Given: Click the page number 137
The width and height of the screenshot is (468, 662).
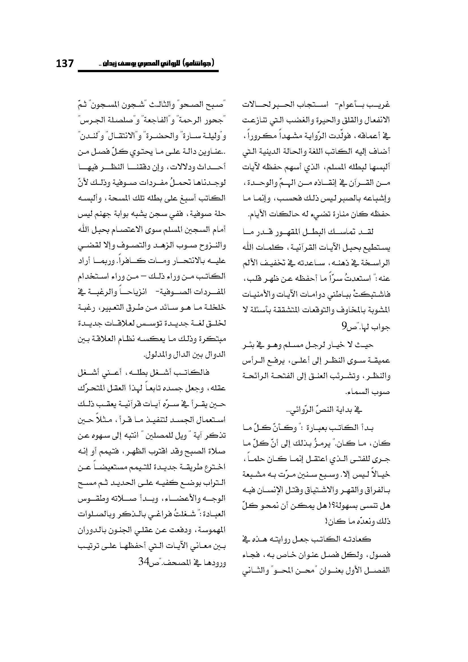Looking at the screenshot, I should pos(65,63).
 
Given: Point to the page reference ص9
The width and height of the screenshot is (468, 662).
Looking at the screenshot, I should pos(346,326).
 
